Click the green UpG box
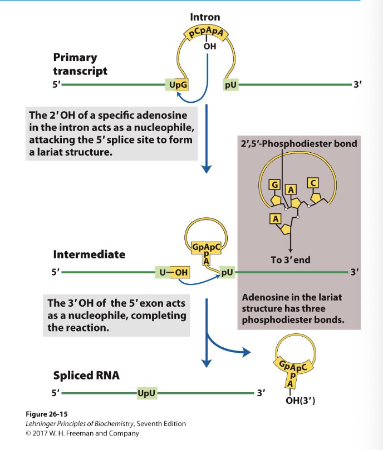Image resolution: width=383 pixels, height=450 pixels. [177, 86]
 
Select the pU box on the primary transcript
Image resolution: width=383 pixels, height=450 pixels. [230, 86]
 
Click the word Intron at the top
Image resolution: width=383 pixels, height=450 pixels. [205, 17]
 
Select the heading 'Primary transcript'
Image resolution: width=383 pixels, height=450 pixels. [80, 64]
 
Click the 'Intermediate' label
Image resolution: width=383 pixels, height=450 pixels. [89, 254]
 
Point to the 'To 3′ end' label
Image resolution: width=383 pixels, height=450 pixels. [291, 259]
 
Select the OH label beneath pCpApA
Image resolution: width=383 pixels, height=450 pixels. [210, 47]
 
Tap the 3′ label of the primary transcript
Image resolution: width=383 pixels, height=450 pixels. [357, 86]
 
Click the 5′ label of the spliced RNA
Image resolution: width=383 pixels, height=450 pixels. [55, 394]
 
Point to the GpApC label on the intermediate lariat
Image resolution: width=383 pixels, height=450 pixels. [206, 247]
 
